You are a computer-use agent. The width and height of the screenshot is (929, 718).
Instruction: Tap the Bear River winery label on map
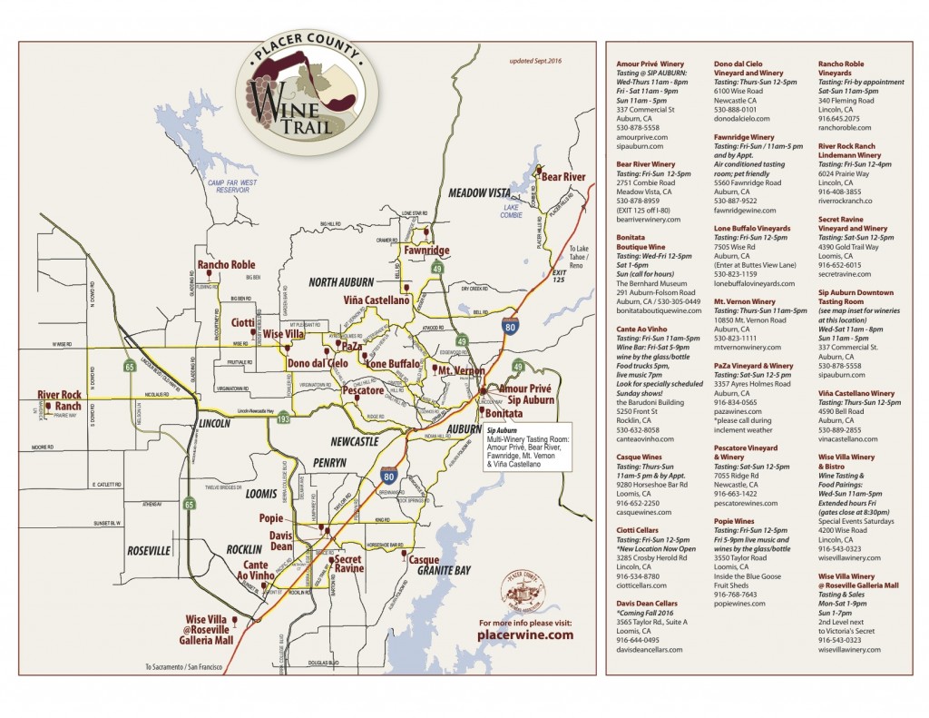(563, 176)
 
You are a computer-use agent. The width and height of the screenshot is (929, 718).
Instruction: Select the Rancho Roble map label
(226, 265)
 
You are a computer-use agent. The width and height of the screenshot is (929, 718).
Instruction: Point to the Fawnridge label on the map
(426, 250)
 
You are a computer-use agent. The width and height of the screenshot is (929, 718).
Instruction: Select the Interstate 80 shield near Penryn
(387, 474)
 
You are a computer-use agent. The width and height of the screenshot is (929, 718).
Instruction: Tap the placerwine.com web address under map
(525, 635)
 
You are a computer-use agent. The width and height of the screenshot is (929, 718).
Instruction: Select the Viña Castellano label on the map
(376, 299)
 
